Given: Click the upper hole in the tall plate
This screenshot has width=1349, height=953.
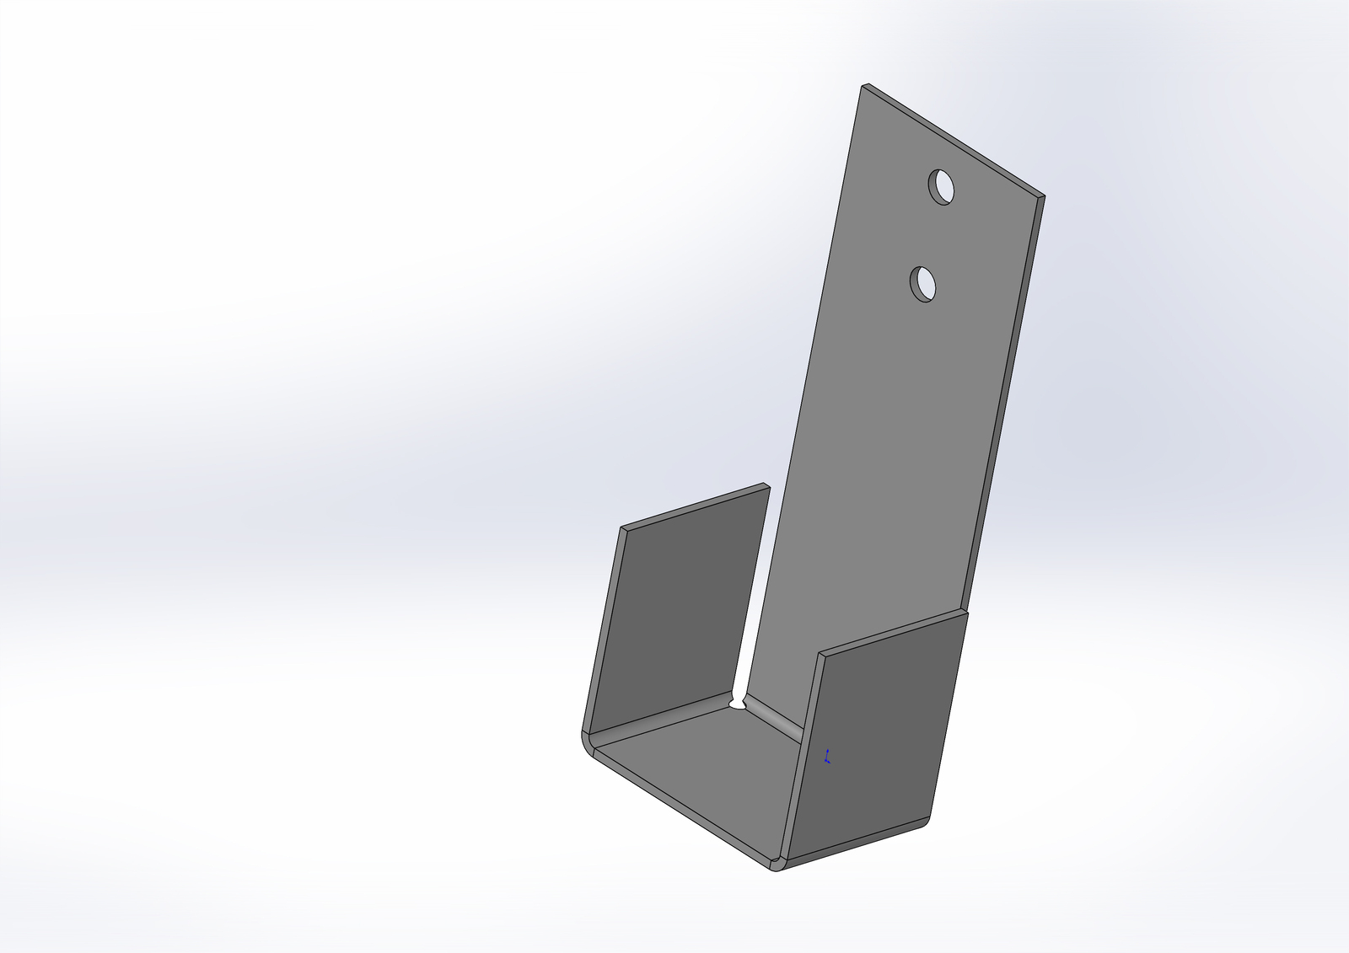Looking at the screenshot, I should (x=942, y=186).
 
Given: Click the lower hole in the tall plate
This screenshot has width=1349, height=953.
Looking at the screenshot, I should (x=923, y=284).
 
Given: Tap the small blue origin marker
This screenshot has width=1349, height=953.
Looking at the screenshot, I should (x=827, y=756).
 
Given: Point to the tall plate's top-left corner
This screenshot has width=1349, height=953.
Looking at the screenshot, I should (x=863, y=85).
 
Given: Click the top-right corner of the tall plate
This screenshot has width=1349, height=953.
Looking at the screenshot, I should (x=1042, y=197).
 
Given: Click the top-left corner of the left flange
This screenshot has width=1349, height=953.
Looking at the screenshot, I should (x=622, y=529).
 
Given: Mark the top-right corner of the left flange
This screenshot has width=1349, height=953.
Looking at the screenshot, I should (x=768, y=485).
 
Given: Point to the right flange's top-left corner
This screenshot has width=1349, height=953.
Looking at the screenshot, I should (x=820, y=654).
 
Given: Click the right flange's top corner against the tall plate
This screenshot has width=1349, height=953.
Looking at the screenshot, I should (x=966, y=611).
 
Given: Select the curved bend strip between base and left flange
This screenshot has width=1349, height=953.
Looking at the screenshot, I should (x=658, y=724).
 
